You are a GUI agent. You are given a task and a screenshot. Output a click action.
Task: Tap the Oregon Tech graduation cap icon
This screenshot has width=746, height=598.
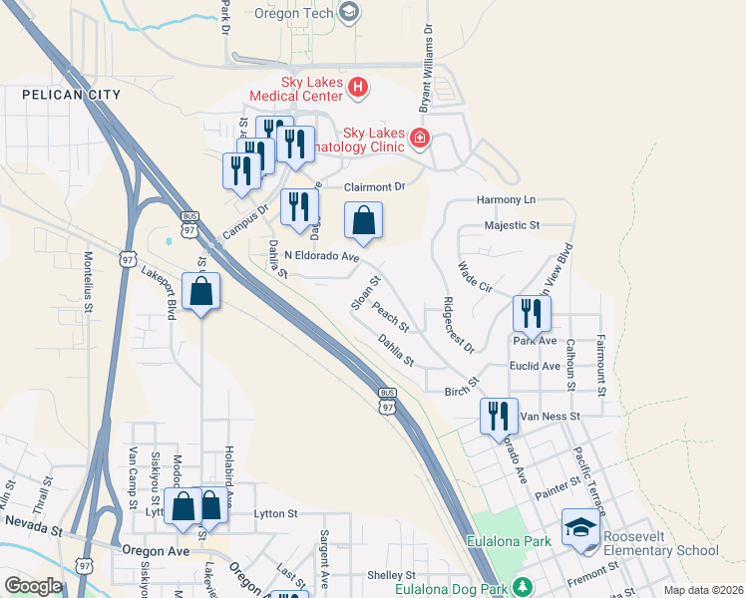(348, 12)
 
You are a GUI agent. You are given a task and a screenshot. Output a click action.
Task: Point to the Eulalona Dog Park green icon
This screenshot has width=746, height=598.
(520, 586)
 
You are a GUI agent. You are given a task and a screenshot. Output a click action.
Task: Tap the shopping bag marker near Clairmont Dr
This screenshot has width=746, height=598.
(364, 221)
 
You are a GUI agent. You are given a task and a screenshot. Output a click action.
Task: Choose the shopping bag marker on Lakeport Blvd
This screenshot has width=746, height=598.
(201, 293)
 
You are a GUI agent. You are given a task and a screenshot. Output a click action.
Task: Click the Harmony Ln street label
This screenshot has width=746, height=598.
(507, 200)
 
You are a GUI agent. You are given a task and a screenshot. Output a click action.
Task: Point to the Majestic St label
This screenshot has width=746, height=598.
(511, 225)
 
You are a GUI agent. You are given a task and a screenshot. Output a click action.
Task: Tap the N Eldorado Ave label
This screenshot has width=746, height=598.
(321, 256)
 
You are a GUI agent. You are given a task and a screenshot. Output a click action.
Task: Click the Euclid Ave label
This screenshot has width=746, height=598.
(535, 366)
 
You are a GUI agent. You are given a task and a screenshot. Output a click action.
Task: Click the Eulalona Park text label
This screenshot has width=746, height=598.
(509, 542)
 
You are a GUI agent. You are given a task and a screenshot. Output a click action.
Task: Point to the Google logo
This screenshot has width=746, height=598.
(33, 586)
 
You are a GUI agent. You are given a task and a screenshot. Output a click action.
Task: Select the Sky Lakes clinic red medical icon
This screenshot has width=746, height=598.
(420, 138)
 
